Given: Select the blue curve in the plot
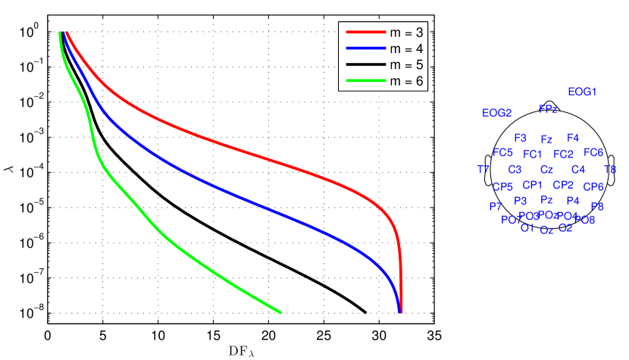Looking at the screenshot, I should point(227,190).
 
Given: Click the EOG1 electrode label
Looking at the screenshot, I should point(583,92).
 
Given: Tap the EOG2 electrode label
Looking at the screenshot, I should point(497,113).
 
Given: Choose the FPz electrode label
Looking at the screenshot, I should point(548,109).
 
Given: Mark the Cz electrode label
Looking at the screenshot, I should point(546,170).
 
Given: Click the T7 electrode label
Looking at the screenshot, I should point(483,169).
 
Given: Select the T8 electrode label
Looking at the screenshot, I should point(610,169).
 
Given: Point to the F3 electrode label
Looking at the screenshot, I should point(520,138).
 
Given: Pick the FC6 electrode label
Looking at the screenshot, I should point(593,152).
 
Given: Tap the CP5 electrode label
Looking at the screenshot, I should point(502,186).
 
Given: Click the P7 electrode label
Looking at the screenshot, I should point(496,206).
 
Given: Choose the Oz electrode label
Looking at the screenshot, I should point(546,230).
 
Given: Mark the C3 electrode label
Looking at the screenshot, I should point(515,169).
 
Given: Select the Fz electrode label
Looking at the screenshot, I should point(546,139).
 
